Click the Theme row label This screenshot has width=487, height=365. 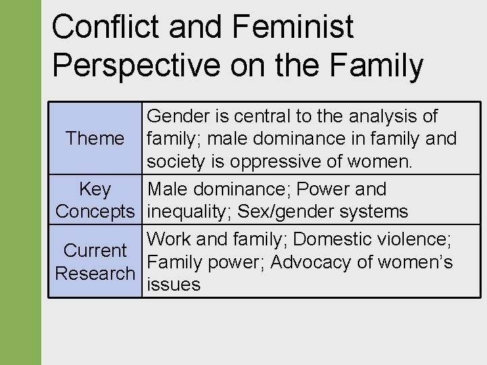[x=95, y=139]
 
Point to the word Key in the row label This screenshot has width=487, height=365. [x=95, y=189]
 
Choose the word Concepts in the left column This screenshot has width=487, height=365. [x=95, y=212]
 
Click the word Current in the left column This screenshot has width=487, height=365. [x=95, y=251]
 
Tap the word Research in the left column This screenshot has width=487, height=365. [x=95, y=274]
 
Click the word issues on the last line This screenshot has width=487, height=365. [x=174, y=285]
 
